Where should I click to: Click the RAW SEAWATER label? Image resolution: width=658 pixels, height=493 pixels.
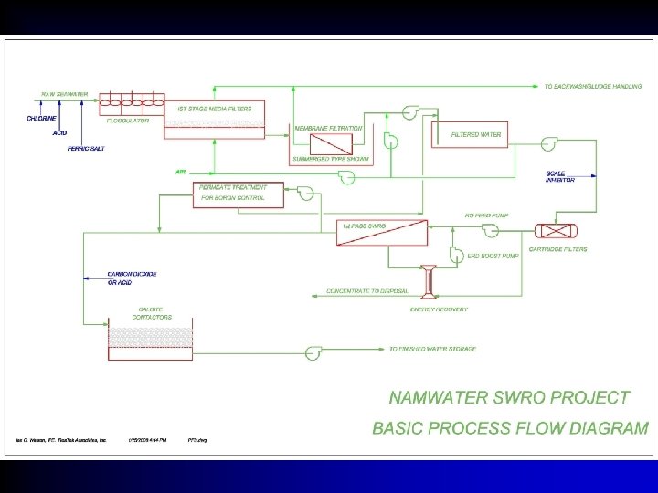click(64, 94)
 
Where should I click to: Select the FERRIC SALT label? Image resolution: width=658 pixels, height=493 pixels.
click(86, 148)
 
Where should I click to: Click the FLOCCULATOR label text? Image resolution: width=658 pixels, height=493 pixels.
click(127, 120)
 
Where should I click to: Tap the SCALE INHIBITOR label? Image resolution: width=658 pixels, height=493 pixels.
click(559, 176)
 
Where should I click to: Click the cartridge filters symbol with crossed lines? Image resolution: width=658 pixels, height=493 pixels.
click(550, 232)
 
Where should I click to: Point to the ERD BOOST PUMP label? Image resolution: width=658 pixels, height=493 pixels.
click(493, 257)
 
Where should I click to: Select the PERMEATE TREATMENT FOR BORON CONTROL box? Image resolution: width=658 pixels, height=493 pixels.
click(236, 193)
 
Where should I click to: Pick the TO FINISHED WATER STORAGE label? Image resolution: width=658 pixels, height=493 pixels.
click(432, 349)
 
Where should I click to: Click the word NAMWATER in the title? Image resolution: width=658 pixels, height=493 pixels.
click(434, 397)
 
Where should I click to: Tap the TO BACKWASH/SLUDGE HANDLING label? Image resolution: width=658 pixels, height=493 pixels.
click(593, 87)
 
